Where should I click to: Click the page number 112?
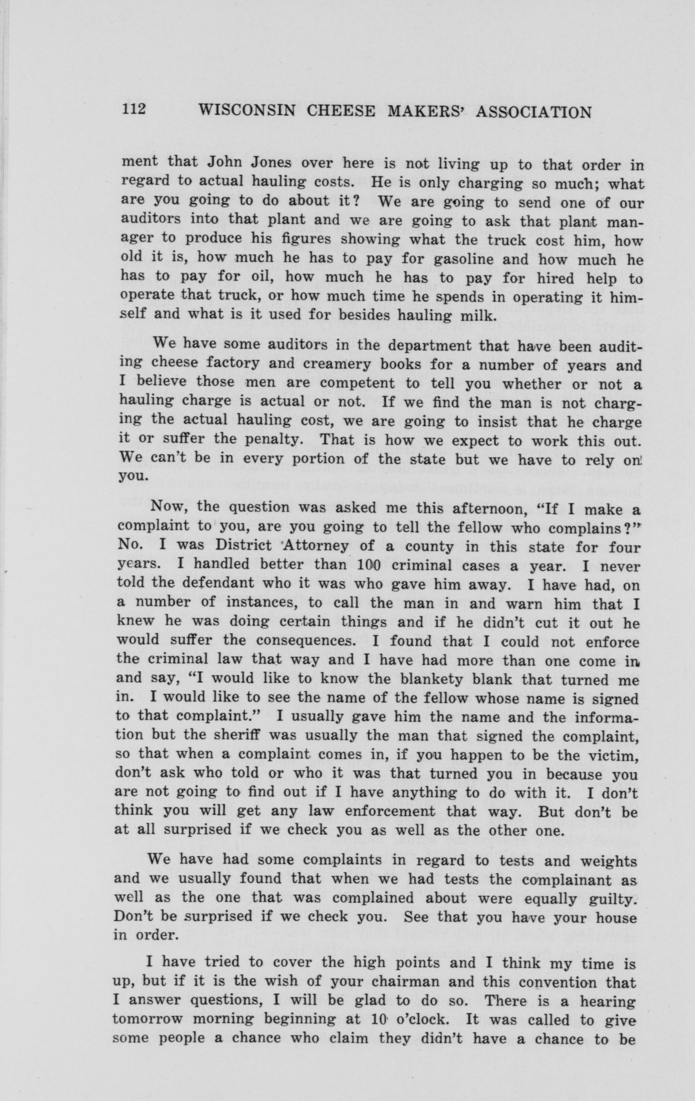click(x=133, y=110)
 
